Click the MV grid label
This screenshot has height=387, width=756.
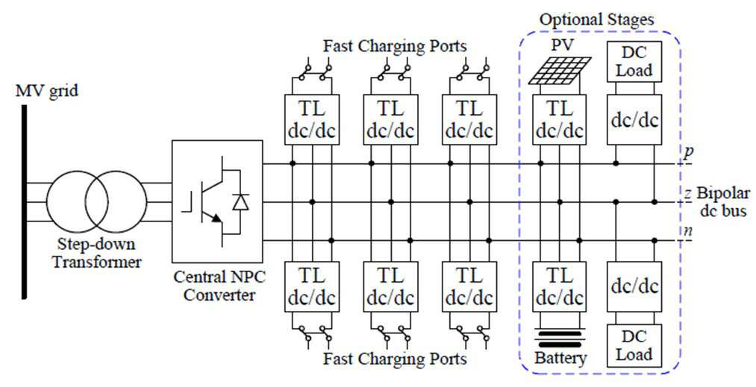47,90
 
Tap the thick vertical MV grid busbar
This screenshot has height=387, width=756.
24,202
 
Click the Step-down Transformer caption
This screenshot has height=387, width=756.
96,254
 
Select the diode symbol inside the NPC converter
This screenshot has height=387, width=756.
240,202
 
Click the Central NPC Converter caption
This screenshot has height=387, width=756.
219,286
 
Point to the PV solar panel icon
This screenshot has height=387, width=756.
559,69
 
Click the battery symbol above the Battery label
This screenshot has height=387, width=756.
559,339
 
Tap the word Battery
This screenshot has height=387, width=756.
560,358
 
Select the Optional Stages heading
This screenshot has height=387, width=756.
597,19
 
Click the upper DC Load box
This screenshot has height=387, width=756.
634,61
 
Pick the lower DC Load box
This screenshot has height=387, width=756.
634,345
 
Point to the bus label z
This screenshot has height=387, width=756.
689,194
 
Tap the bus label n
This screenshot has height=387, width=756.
688,231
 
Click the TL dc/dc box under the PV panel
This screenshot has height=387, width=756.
559,119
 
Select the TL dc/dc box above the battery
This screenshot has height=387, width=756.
559,286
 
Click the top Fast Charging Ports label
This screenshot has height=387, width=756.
395,46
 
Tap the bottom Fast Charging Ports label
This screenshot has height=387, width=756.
395,359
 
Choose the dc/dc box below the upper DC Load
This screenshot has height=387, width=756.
634,119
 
